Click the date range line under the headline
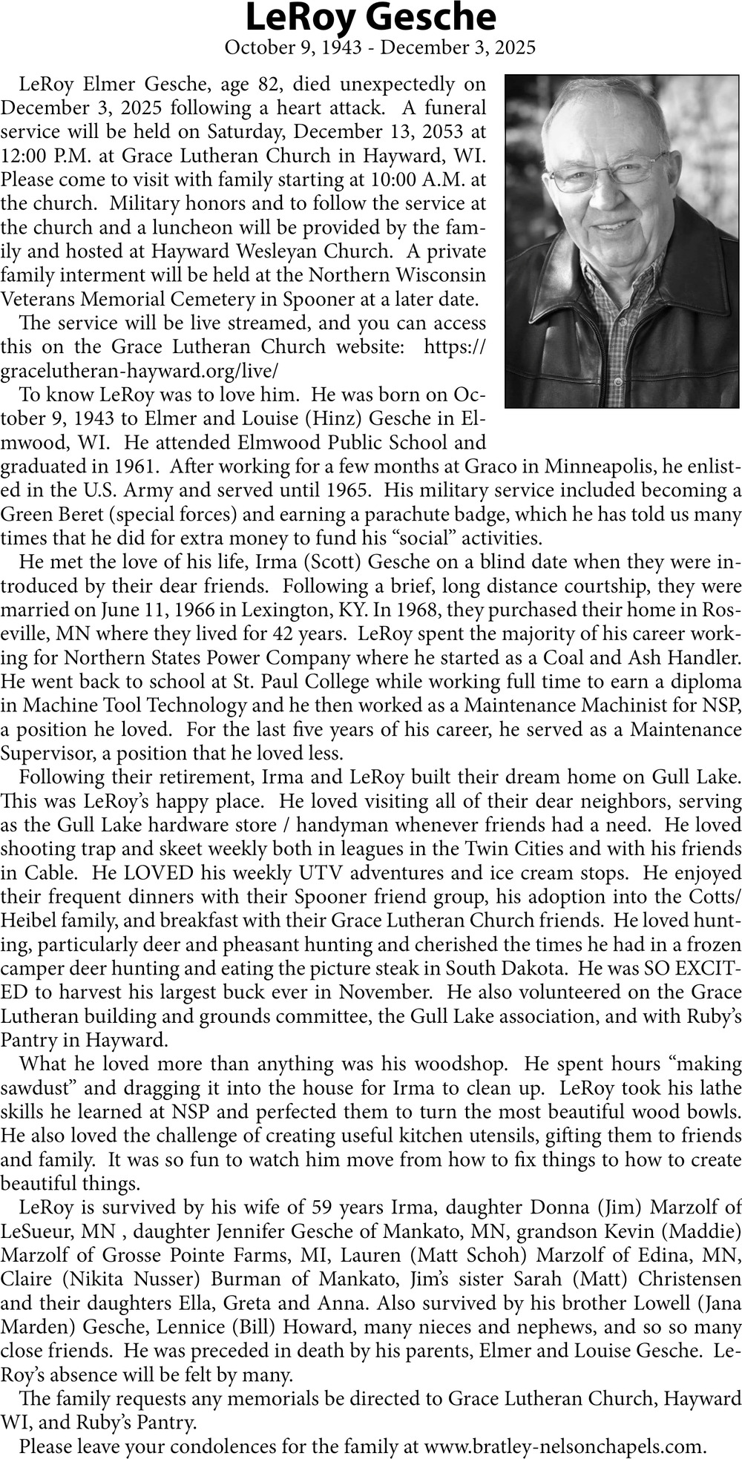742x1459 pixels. (x=379, y=48)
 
